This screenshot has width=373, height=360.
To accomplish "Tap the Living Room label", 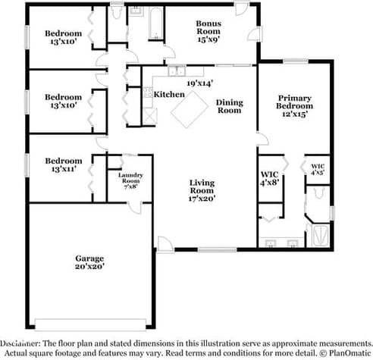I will tap(202, 186).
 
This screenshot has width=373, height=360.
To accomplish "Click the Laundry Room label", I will tap(130, 178).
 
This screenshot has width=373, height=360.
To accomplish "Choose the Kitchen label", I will tap(169, 94).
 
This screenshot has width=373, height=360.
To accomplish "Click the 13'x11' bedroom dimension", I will tap(62, 169).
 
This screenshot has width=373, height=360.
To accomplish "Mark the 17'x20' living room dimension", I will tap(202, 199).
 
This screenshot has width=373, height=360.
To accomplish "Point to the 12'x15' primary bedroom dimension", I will tap(295, 114).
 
